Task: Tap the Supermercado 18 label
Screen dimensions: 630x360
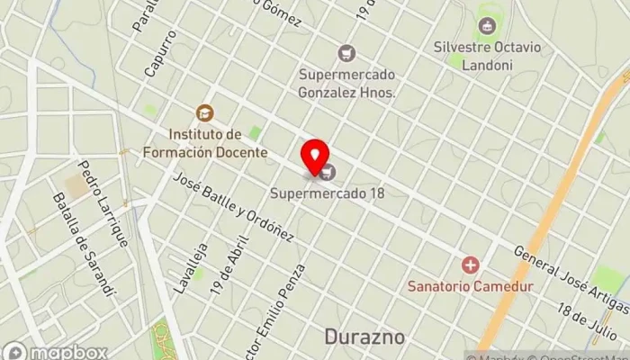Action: click(x=333, y=192)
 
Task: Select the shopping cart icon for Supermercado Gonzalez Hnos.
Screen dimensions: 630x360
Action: click(x=346, y=55)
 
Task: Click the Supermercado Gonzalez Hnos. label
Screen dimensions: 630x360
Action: click(x=346, y=84)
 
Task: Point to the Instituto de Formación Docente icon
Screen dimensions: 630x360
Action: click(x=204, y=113)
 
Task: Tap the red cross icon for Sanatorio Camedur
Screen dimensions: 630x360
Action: click(x=470, y=265)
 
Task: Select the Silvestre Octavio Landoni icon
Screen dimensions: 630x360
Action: click(x=487, y=27)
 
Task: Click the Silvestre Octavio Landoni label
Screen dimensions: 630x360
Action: click(x=486, y=55)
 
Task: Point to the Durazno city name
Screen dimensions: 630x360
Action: click(x=364, y=337)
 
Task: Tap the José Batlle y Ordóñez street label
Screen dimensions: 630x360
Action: click(x=235, y=208)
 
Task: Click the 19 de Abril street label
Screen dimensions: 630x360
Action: click(x=226, y=271)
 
